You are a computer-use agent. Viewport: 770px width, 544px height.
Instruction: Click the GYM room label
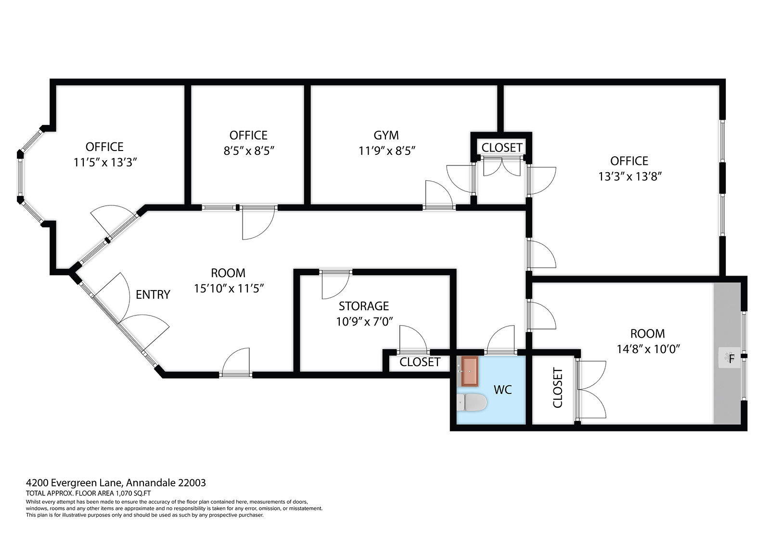pyautogui.click(x=386, y=135)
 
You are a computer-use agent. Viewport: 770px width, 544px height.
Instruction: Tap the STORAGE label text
pyautogui.click(x=364, y=306)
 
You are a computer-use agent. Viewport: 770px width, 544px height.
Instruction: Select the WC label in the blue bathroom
pyautogui.click(x=502, y=390)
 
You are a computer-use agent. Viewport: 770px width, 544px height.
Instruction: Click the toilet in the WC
pyautogui.click(x=472, y=403)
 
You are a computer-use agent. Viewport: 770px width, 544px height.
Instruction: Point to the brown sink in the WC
pyautogui.click(x=470, y=371)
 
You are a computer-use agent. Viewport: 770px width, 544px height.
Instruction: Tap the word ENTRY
pyautogui.click(x=153, y=294)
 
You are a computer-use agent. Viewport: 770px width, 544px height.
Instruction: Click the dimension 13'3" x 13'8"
pyautogui.click(x=630, y=177)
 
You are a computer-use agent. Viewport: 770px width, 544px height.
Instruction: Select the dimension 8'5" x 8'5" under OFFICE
pyautogui.click(x=249, y=151)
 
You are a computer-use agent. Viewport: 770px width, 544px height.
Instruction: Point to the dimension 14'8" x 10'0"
pyautogui.click(x=648, y=349)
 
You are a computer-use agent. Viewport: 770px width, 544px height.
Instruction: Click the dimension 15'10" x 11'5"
pyautogui.click(x=229, y=288)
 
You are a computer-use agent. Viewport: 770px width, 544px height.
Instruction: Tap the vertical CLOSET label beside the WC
pyautogui.click(x=558, y=388)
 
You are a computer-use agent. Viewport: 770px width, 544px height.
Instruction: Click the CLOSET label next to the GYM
pyautogui.click(x=502, y=148)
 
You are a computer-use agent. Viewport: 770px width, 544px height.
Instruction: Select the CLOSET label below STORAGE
pyautogui.click(x=420, y=362)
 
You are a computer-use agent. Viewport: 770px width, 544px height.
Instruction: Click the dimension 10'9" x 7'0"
pyautogui.click(x=364, y=322)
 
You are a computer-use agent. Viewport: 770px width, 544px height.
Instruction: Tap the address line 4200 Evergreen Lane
pyautogui.click(x=74, y=483)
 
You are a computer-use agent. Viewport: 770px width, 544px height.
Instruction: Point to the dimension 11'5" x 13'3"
pyautogui.click(x=105, y=162)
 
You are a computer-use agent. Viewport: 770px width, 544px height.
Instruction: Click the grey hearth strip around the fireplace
pyautogui.click(x=727, y=353)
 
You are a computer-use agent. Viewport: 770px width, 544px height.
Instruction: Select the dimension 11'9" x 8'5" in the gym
pyautogui.click(x=387, y=151)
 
